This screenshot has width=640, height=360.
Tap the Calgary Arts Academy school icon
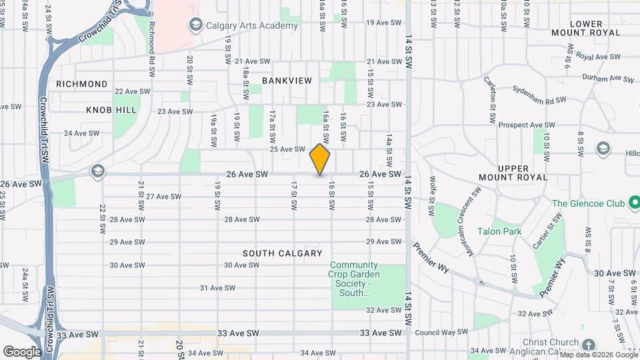[195, 25]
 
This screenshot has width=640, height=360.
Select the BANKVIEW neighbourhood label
[287, 81]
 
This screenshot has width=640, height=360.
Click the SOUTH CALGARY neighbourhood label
[282, 253]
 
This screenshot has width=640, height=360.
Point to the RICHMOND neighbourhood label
[82, 84]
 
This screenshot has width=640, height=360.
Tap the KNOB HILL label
[111, 110]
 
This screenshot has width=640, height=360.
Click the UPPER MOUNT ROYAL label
[513, 172]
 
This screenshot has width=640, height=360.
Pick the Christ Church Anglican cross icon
[588, 345]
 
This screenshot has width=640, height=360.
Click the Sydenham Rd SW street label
[539, 94]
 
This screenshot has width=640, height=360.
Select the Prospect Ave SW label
[527, 125]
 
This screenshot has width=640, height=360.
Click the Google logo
[22, 351]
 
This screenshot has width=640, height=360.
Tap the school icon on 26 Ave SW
[98, 172]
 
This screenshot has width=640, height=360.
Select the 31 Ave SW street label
[218, 288]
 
